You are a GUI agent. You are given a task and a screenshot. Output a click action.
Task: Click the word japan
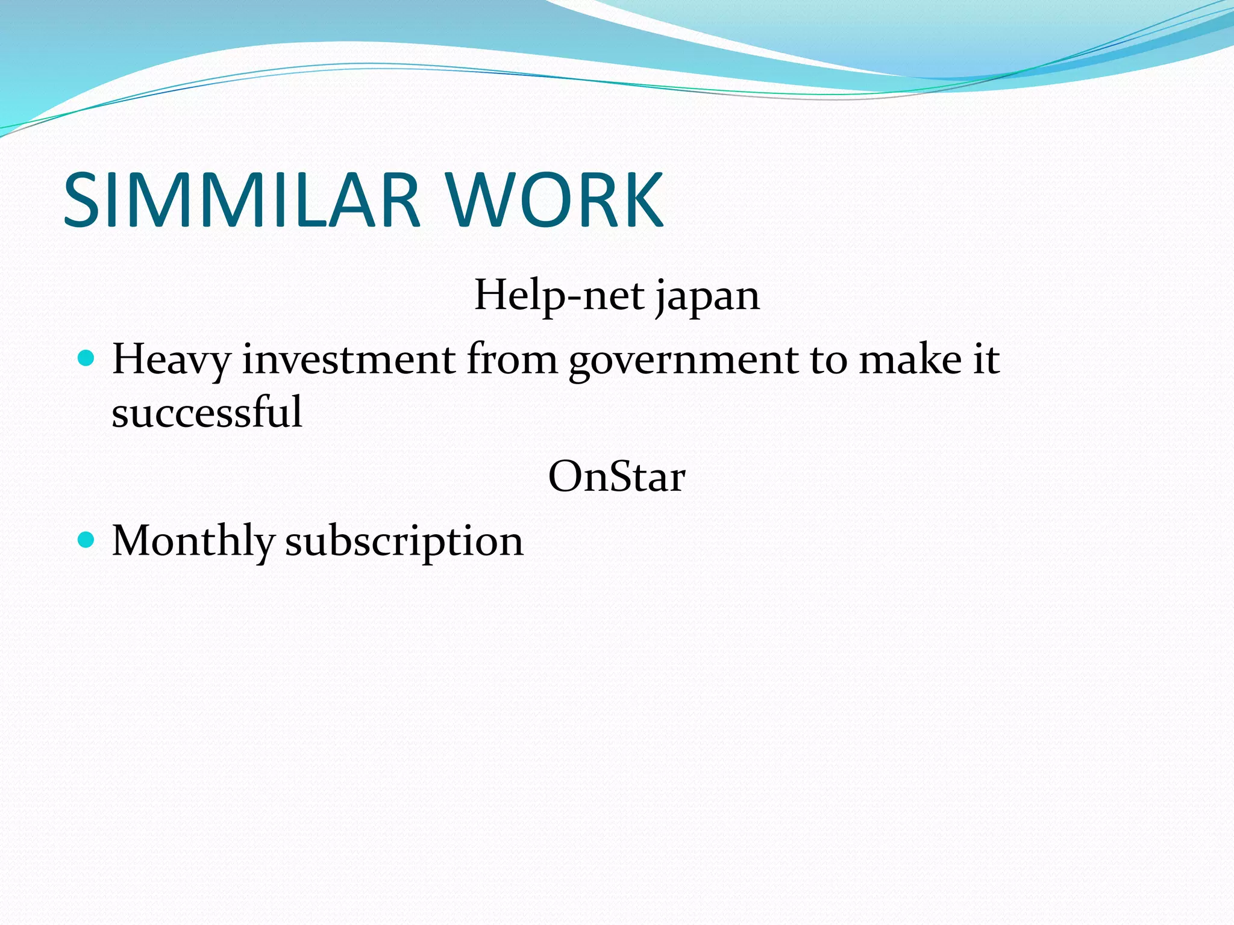point(707,297)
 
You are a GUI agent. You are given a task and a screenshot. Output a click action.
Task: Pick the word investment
point(349,360)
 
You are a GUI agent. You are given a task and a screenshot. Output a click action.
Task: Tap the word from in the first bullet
point(512,360)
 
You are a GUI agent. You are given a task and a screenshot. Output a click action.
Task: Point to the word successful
point(207,413)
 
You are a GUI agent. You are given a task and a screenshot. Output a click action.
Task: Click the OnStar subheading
point(616,477)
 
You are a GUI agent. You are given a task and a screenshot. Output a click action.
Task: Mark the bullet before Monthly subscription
point(87,540)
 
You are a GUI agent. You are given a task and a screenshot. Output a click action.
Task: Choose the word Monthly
point(193,541)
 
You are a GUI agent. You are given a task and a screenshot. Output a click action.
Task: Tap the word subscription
point(404,541)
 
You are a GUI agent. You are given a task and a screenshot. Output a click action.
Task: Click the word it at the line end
point(987,360)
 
